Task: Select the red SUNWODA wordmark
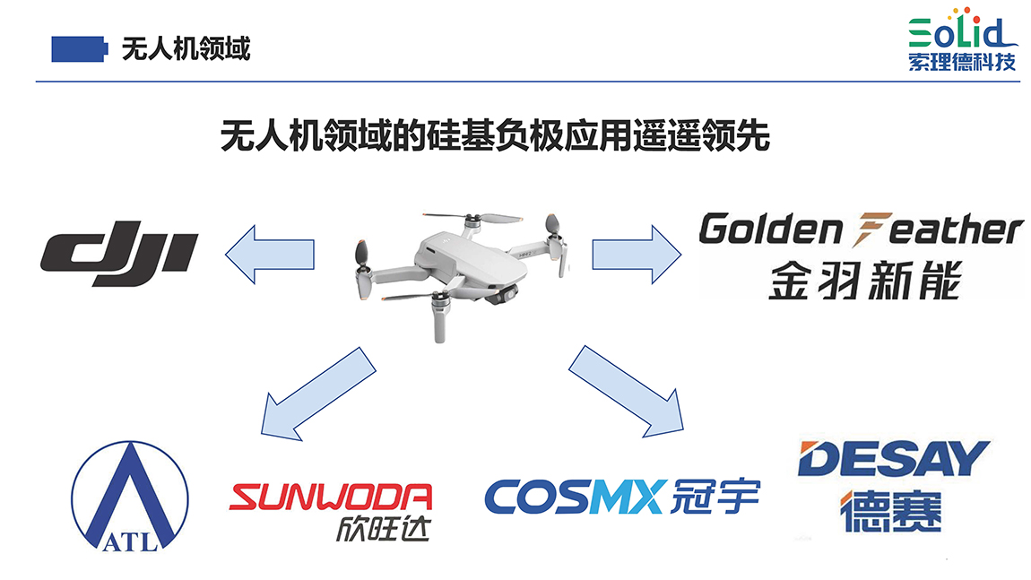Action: coord(331,497)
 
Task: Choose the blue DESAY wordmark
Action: coord(892,459)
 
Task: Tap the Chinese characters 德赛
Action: coord(891,511)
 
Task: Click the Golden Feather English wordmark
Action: coord(860,229)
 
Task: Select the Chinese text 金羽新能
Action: coord(863,280)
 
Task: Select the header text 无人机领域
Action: coord(186,48)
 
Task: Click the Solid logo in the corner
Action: coord(960,31)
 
